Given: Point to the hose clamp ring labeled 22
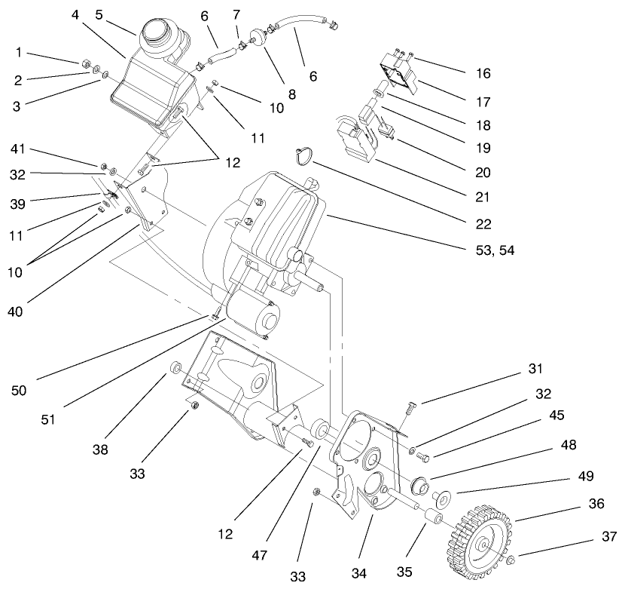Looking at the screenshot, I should click(304, 155).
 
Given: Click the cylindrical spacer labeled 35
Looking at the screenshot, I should click(433, 519).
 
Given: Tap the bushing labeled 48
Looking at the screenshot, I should click(421, 483).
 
